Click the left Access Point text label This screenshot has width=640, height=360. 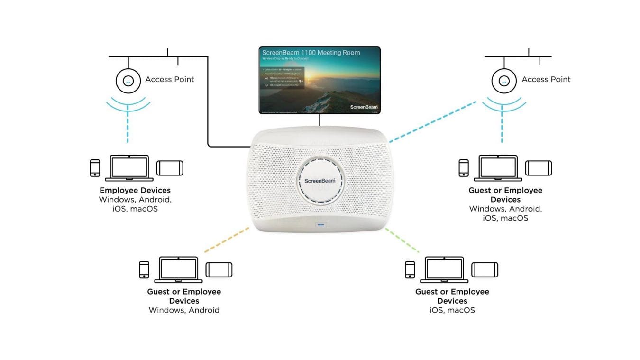[x=169, y=79]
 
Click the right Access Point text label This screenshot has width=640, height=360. [x=546, y=79]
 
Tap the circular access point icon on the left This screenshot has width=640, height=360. [x=128, y=81]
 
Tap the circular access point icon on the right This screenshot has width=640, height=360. [x=503, y=81]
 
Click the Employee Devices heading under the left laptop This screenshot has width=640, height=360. [x=135, y=190]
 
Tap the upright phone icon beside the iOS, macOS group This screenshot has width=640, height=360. [x=410, y=269]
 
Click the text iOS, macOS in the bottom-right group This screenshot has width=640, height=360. [x=452, y=310]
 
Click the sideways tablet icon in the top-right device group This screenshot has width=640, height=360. [x=538, y=168]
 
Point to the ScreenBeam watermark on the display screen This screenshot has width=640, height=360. [x=364, y=107]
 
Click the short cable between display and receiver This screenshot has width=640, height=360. [x=320, y=120]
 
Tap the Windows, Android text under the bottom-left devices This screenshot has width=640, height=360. [x=184, y=310]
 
